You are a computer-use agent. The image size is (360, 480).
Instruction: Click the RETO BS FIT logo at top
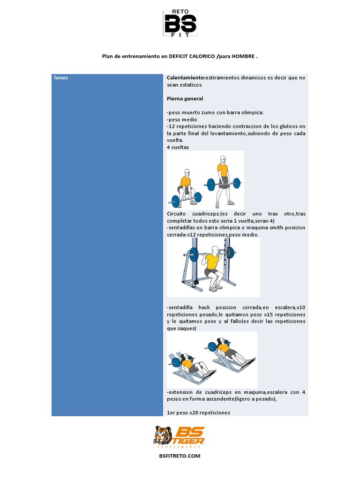(180, 23)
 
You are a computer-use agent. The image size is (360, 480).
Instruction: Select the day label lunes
(60, 78)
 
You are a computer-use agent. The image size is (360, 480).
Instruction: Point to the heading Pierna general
(185, 99)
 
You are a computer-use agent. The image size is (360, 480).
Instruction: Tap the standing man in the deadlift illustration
(224, 180)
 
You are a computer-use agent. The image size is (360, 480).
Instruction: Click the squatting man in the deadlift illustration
(185, 187)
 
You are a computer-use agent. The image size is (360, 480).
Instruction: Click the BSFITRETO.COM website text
(180, 456)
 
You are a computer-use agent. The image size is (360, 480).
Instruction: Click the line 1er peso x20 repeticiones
(198, 412)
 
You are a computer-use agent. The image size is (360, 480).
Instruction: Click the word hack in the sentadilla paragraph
(205, 307)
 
